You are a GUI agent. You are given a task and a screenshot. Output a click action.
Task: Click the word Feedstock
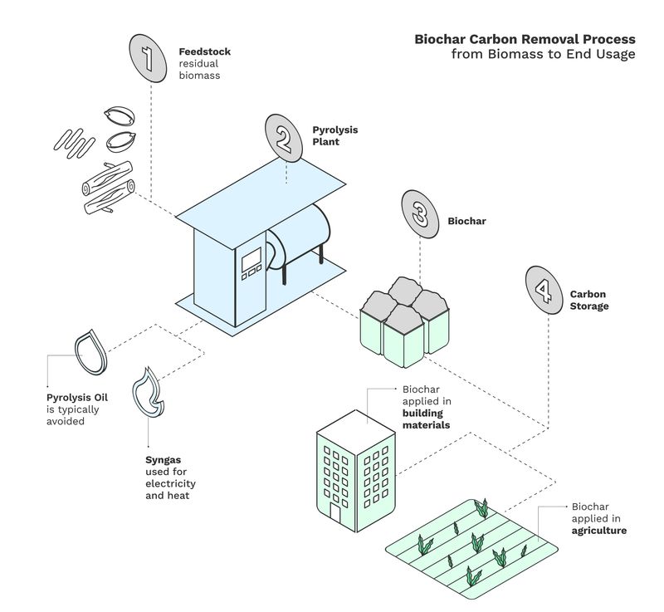(x=205, y=51)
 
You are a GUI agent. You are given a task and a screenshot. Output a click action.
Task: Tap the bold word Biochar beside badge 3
(x=466, y=222)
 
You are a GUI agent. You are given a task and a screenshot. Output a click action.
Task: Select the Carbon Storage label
(x=588, y=301)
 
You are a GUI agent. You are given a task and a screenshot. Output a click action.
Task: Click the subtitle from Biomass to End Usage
(x=543, y=54)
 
